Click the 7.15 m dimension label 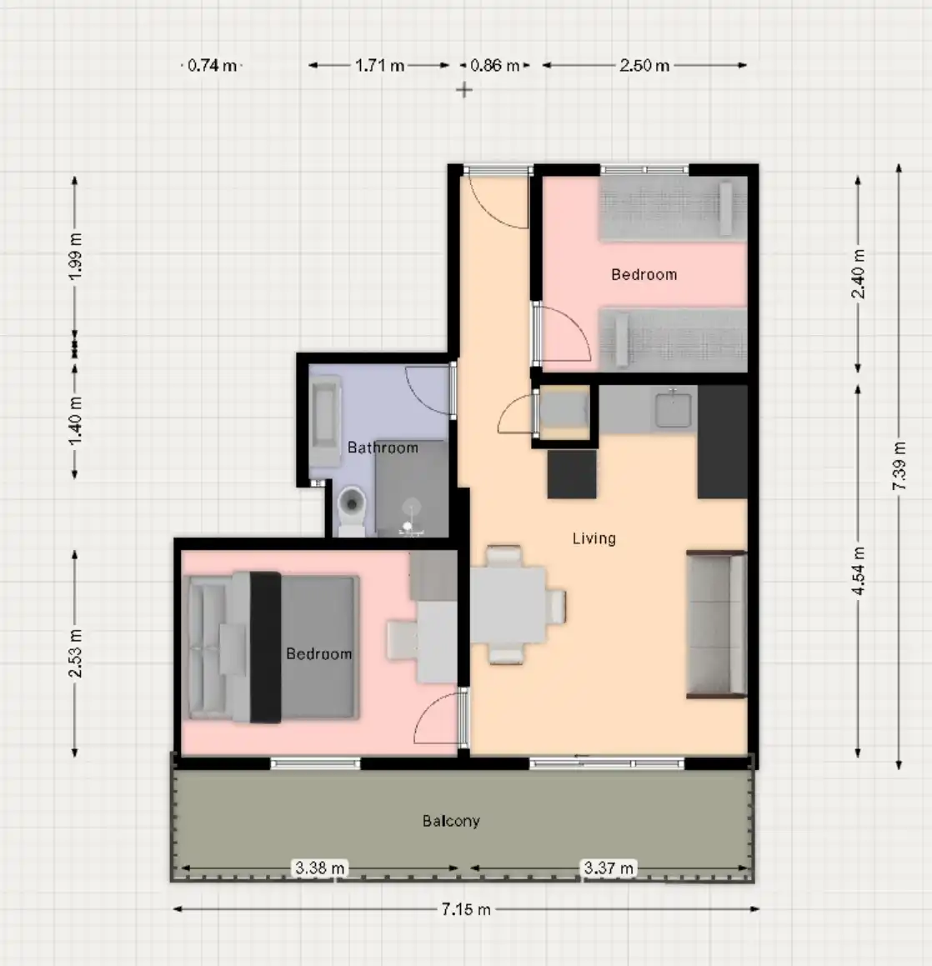(x=466, y=909)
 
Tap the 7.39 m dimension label (x=899, y=466)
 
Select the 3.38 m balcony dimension (x=320, y=868)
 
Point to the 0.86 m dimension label (x=494, y=65)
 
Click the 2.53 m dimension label (x=75, y=653)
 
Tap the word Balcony (x=451, y=821)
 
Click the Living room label (x=594, y=538)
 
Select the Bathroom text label (x=383, y=448)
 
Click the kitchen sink (x=673, y=408)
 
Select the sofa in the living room (x=716, y=624)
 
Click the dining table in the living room (x=509, y=605)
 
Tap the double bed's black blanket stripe (x=265, y=647)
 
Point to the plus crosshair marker (x=463, y=90)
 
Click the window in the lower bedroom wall (x=315, y=764)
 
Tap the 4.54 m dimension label (x=858, y=570)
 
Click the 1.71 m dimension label (x=379, y=65)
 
